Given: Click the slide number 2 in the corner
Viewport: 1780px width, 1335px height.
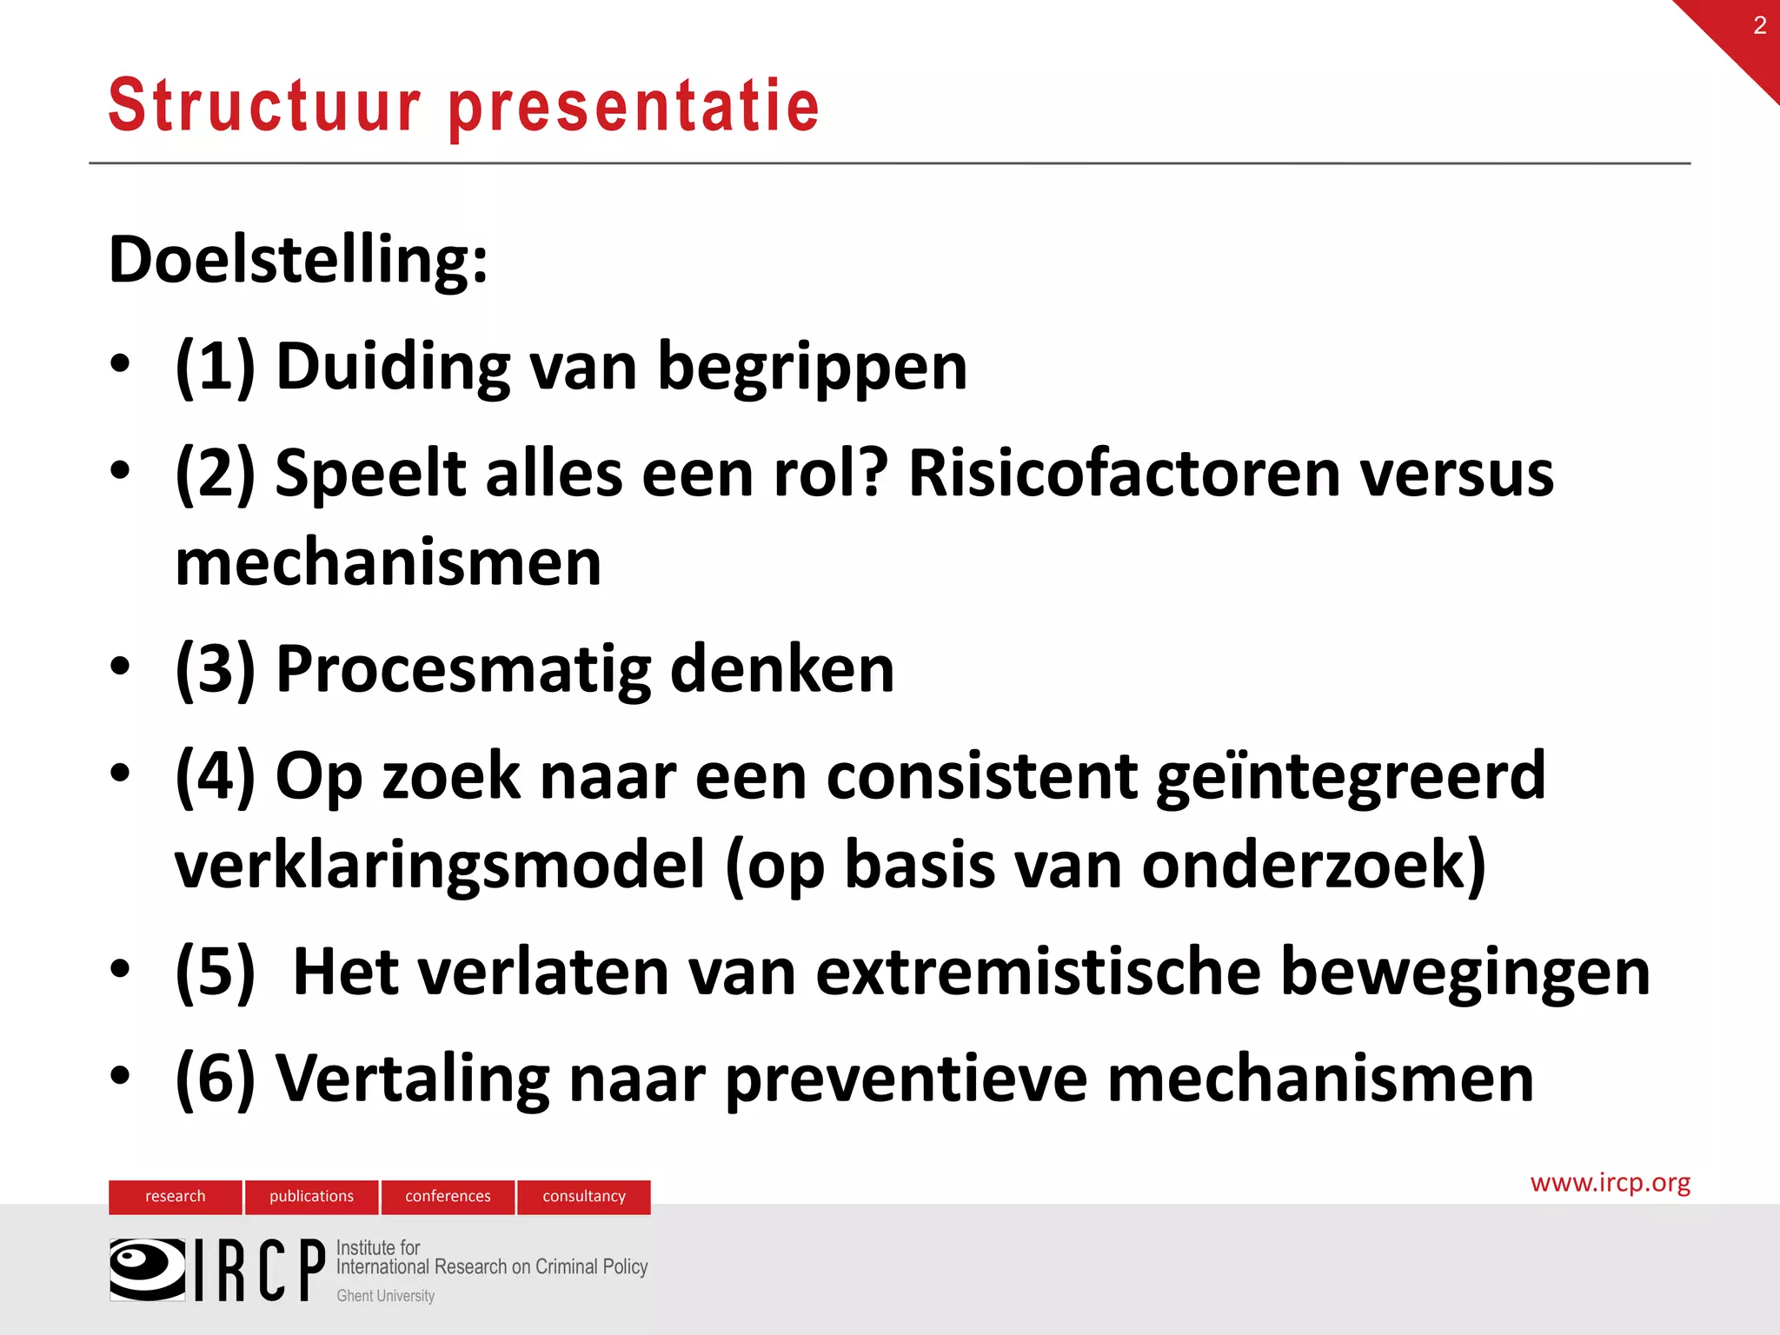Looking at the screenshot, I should (x=1759, y=25).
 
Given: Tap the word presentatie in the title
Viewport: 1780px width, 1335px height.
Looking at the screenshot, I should (x=634, y=107).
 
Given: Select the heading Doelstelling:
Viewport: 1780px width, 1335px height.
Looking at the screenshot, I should (x=298, y=260).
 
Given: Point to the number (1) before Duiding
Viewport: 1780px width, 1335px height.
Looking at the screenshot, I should (x=215, y=366).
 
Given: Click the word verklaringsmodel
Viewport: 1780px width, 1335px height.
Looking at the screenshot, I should (x=440, y=866).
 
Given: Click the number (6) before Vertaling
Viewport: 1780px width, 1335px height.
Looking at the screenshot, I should (x=215, y=1079).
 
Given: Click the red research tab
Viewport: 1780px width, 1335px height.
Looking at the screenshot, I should (x=175, y=1196).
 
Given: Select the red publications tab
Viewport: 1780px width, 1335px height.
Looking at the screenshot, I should (x=311, y=1196).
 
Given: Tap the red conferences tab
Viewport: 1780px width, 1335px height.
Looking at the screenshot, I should (x=448, y=1196).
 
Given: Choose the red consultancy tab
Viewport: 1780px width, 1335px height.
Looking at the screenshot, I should (x=584, y=1196).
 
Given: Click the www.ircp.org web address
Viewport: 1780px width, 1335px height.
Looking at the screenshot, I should (x=1610, y=1183).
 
